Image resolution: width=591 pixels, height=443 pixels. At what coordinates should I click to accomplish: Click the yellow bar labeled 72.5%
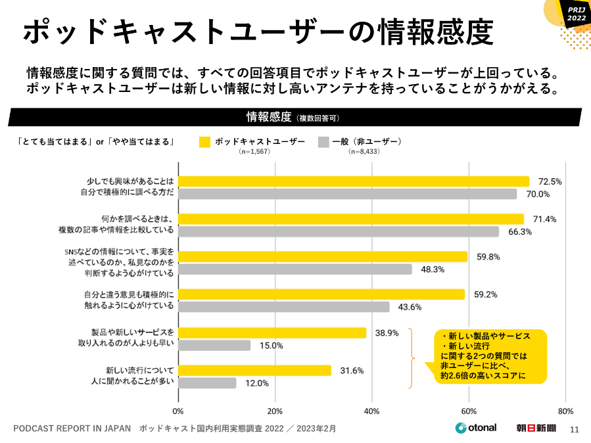354,181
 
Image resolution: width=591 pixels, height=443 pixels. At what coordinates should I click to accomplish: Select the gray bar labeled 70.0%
347,194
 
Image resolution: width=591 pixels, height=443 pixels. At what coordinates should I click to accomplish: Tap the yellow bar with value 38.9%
272,333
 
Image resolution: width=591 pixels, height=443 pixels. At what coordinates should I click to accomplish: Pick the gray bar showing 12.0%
207,383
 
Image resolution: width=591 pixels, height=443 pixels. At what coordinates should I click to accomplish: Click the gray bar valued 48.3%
295,269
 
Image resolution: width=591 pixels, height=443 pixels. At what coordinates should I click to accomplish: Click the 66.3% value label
519,231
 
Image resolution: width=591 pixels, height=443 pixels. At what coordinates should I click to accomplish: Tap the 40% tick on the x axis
372,411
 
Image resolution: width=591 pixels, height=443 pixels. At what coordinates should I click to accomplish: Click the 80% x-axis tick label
565,411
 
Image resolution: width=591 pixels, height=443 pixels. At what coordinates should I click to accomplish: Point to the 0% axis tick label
178,411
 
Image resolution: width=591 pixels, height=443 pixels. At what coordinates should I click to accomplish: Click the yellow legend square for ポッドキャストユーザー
204,141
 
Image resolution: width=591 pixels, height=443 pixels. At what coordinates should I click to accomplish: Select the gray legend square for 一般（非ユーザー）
323,141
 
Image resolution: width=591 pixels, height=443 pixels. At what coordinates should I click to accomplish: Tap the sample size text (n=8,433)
364,152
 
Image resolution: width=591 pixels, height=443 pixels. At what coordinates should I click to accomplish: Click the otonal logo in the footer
476,428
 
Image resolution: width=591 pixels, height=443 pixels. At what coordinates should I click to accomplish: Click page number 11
574,430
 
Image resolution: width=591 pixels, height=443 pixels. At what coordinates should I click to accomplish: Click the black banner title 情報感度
268,118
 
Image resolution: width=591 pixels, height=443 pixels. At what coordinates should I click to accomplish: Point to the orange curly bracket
412,358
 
